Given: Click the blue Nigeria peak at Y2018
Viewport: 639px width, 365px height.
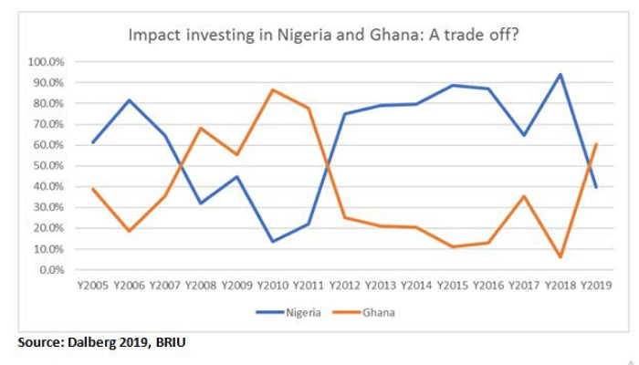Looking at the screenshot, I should click(560, 75).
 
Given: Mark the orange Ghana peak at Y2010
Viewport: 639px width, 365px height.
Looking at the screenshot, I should click(272, 89).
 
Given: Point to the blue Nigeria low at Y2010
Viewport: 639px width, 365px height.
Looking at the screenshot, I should click(272, 242).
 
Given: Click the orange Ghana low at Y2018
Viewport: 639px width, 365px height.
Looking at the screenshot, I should click(560, 257).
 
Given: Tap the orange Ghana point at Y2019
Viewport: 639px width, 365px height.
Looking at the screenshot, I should click(597, 144).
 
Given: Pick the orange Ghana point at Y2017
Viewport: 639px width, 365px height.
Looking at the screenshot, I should click(525, 196).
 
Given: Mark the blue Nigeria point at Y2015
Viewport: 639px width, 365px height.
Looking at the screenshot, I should click(453, 86).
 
